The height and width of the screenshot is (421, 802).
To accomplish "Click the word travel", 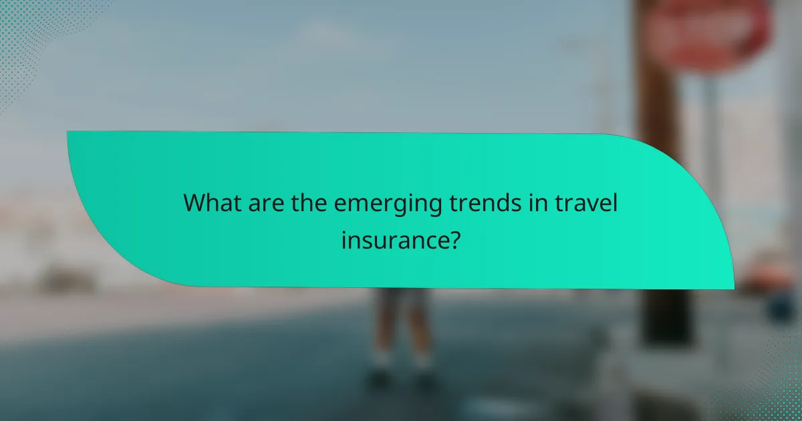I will coord(587,203).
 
